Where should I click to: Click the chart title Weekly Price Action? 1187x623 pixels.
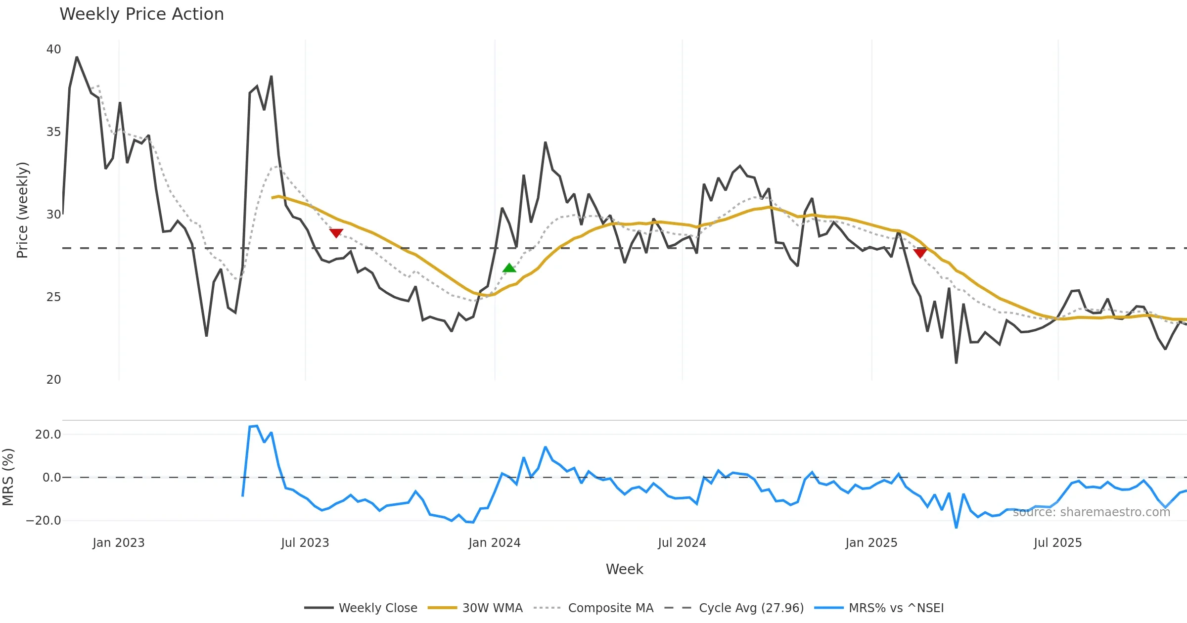click(141, 14)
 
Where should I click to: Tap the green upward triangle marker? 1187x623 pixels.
click(509, 268)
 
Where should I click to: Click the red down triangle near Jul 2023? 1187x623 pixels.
click(336, 233)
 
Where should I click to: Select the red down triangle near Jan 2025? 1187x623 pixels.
click(920, 253)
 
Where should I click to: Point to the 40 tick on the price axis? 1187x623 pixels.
click(53, 49)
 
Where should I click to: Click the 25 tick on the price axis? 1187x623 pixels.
click(53, 297)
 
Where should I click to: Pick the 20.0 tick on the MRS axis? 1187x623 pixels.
click(48, 435)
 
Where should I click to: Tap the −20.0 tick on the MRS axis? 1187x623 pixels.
click(44, 521)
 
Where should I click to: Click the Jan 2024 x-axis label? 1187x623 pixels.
click(495, 543)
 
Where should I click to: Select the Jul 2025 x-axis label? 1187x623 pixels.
click(1058, 543)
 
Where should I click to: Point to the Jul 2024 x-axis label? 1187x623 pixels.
click(682, 543)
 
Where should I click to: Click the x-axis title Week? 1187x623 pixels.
click(625, 570)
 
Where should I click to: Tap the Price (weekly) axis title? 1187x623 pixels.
click(23, 210)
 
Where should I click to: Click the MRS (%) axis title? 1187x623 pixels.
click(8, 477)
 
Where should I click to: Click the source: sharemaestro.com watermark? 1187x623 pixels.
click(1092, 512)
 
